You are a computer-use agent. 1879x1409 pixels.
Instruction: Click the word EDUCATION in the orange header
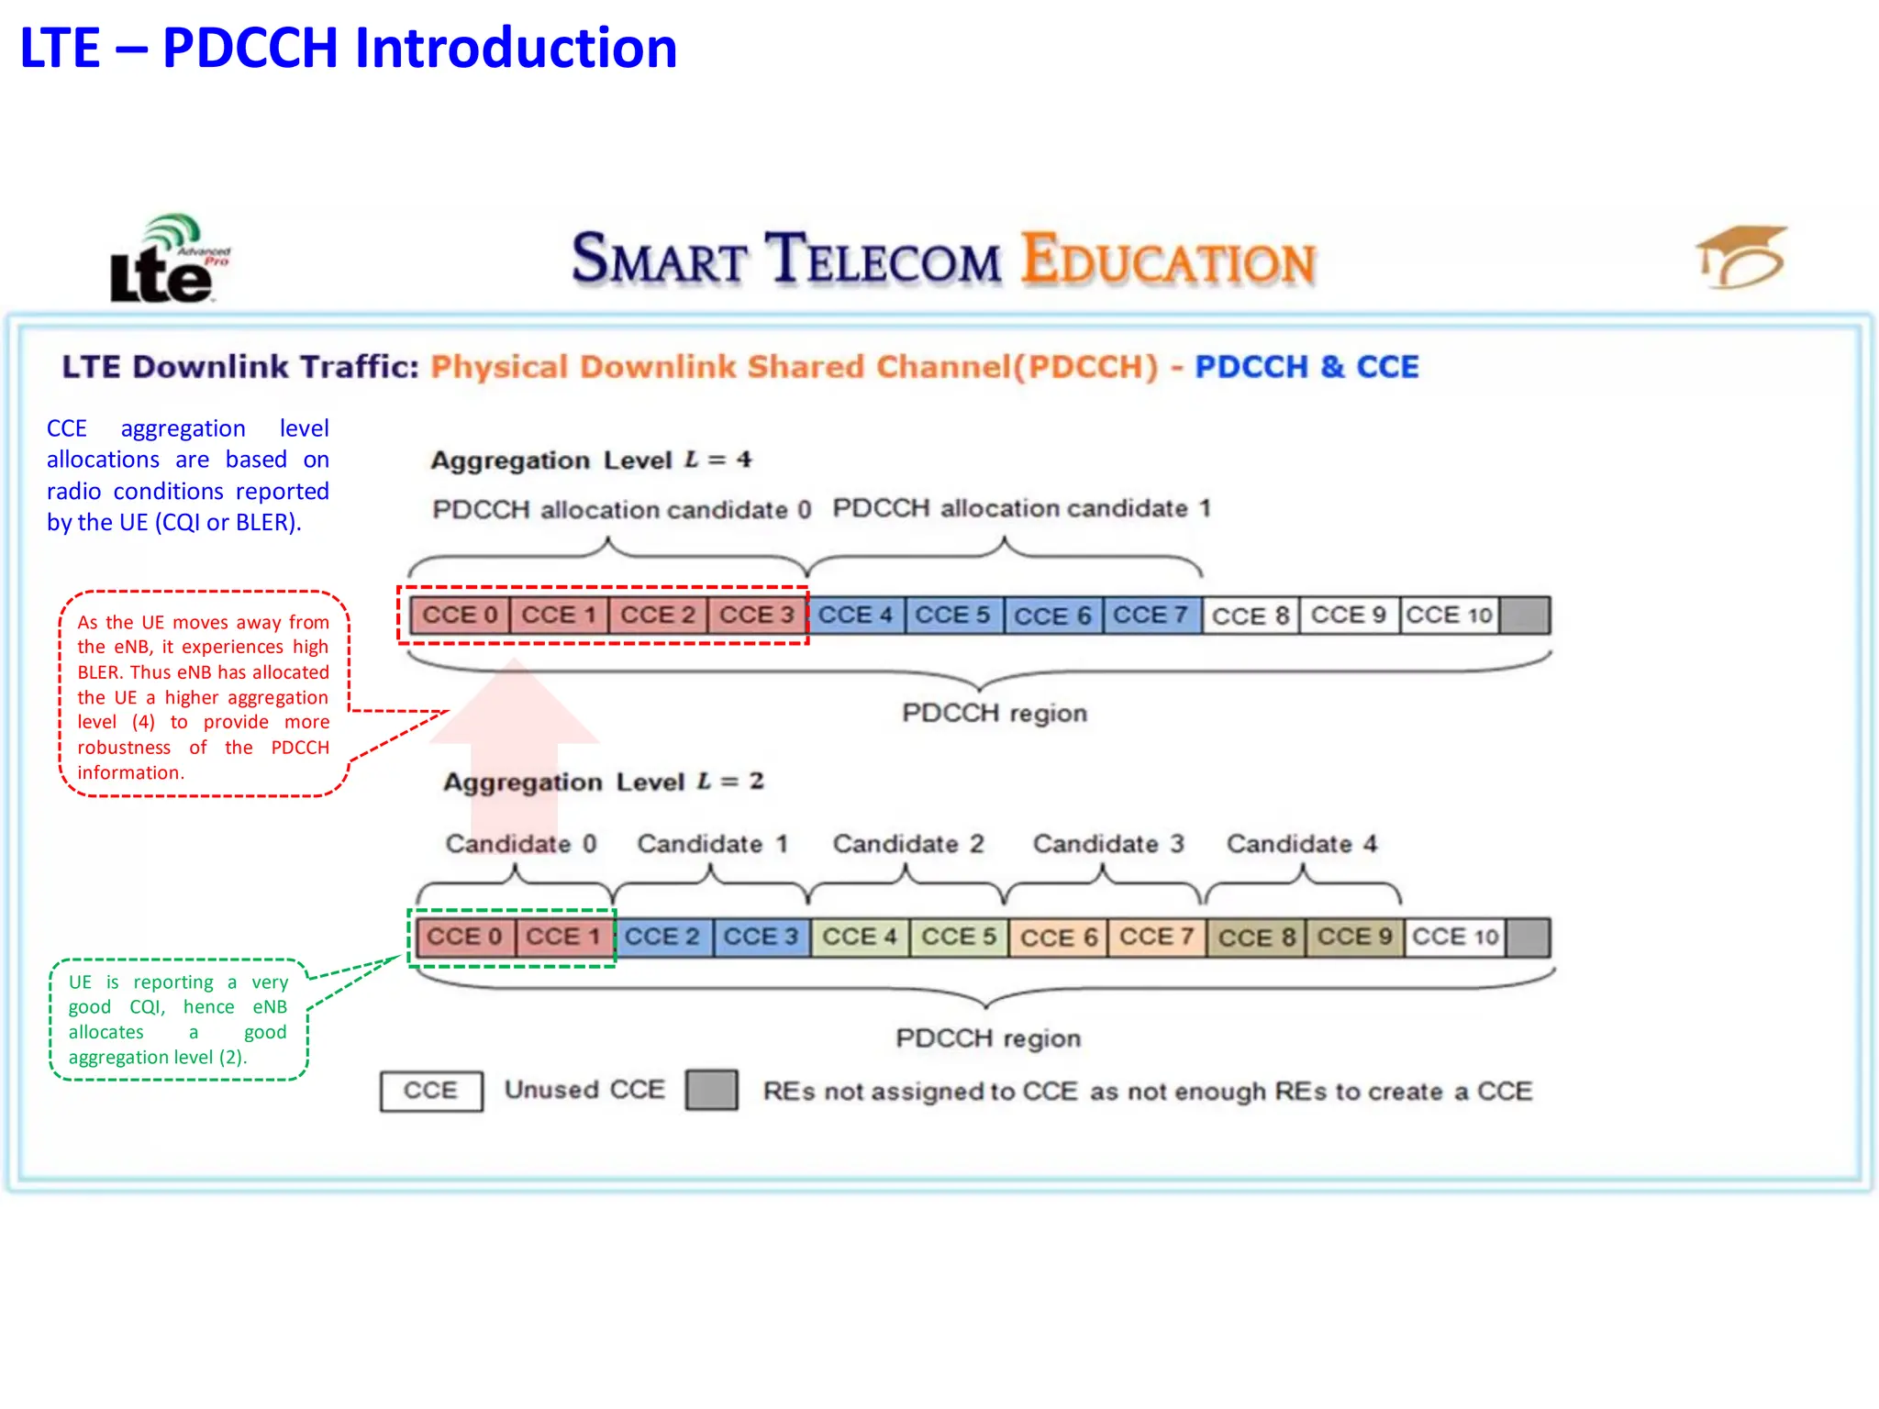coord(1169,260)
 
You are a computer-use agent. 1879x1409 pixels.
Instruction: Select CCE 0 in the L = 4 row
coord(460,615)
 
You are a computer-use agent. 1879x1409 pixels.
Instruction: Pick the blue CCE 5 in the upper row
coord(953,615)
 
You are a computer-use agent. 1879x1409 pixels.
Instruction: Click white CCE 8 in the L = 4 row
coord(1251,616)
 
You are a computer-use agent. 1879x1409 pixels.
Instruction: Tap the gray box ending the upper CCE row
coord(1525,616)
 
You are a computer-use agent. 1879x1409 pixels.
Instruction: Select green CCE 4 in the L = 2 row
coord(860,937)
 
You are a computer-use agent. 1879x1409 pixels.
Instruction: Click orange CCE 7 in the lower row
coord(1156,937)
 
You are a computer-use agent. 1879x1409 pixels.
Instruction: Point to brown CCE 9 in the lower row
coord(1354,937)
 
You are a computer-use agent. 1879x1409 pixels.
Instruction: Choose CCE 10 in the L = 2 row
coord(1455,937)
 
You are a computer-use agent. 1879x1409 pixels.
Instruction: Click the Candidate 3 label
coord(1108,844)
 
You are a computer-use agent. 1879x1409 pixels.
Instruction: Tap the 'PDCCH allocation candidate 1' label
coord(1021,508)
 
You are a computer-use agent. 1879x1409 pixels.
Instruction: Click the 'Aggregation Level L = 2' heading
coord(604,782)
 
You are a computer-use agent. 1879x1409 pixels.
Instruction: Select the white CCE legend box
coord(431,1091)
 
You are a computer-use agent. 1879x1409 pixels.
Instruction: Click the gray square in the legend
coord(712,1091)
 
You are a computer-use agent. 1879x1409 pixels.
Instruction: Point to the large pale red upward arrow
coord(515,734)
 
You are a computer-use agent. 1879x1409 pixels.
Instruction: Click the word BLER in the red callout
coord(101,672)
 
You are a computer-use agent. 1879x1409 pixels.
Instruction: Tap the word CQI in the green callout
coord(147,1007)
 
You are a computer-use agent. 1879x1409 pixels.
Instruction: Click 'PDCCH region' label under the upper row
coord(995,714)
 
